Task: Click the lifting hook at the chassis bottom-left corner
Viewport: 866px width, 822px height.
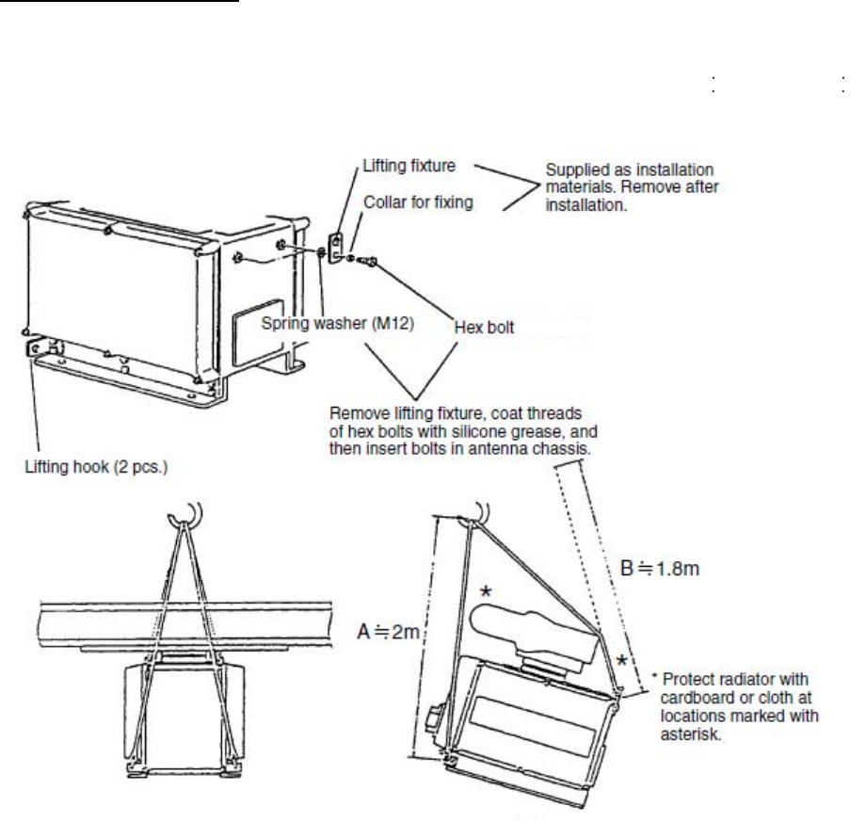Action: click(x=35, y=347)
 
